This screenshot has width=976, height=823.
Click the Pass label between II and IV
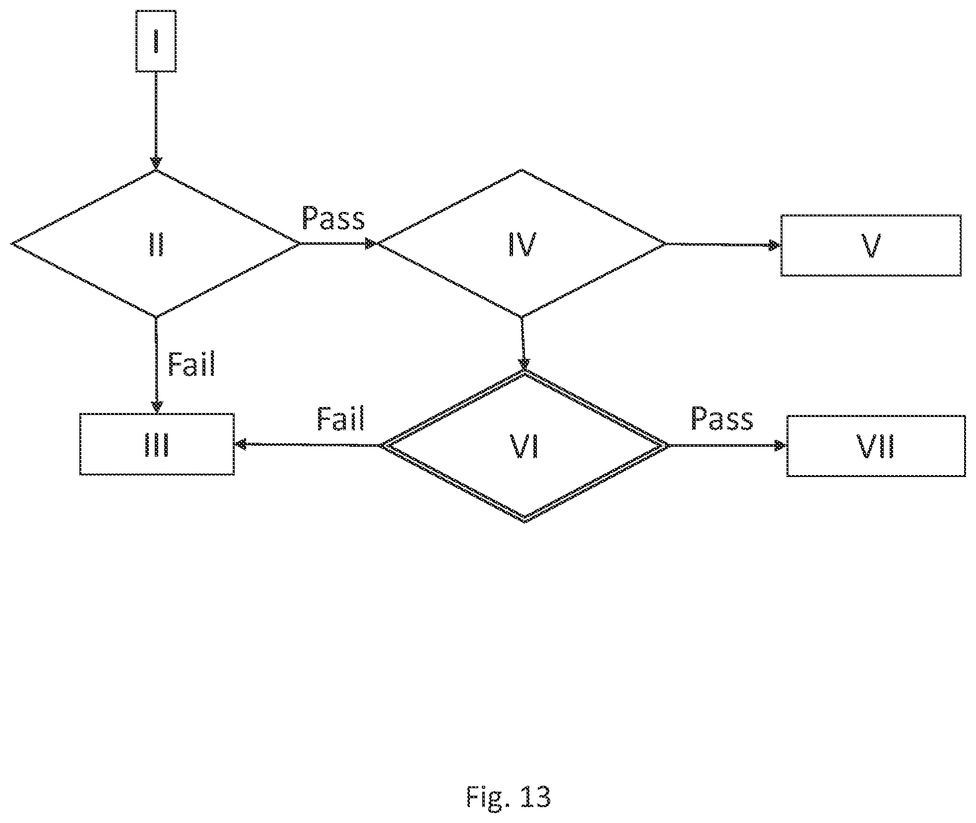(333, 218)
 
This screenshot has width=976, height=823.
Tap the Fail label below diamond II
(192, 365)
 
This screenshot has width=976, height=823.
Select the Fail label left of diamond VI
(341, 418)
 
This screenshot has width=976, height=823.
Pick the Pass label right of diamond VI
(722, 418)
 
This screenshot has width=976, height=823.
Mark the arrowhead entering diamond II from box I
(156, 164)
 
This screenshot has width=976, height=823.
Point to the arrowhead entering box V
(775, 245)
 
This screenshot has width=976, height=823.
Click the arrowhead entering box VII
(781, 446)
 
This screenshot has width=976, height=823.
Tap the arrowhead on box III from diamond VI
(241, 444)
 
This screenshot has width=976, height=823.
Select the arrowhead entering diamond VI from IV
(523, 364)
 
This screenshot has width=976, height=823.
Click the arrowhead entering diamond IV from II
(371, 243)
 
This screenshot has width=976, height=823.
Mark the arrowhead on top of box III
(156, 408)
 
